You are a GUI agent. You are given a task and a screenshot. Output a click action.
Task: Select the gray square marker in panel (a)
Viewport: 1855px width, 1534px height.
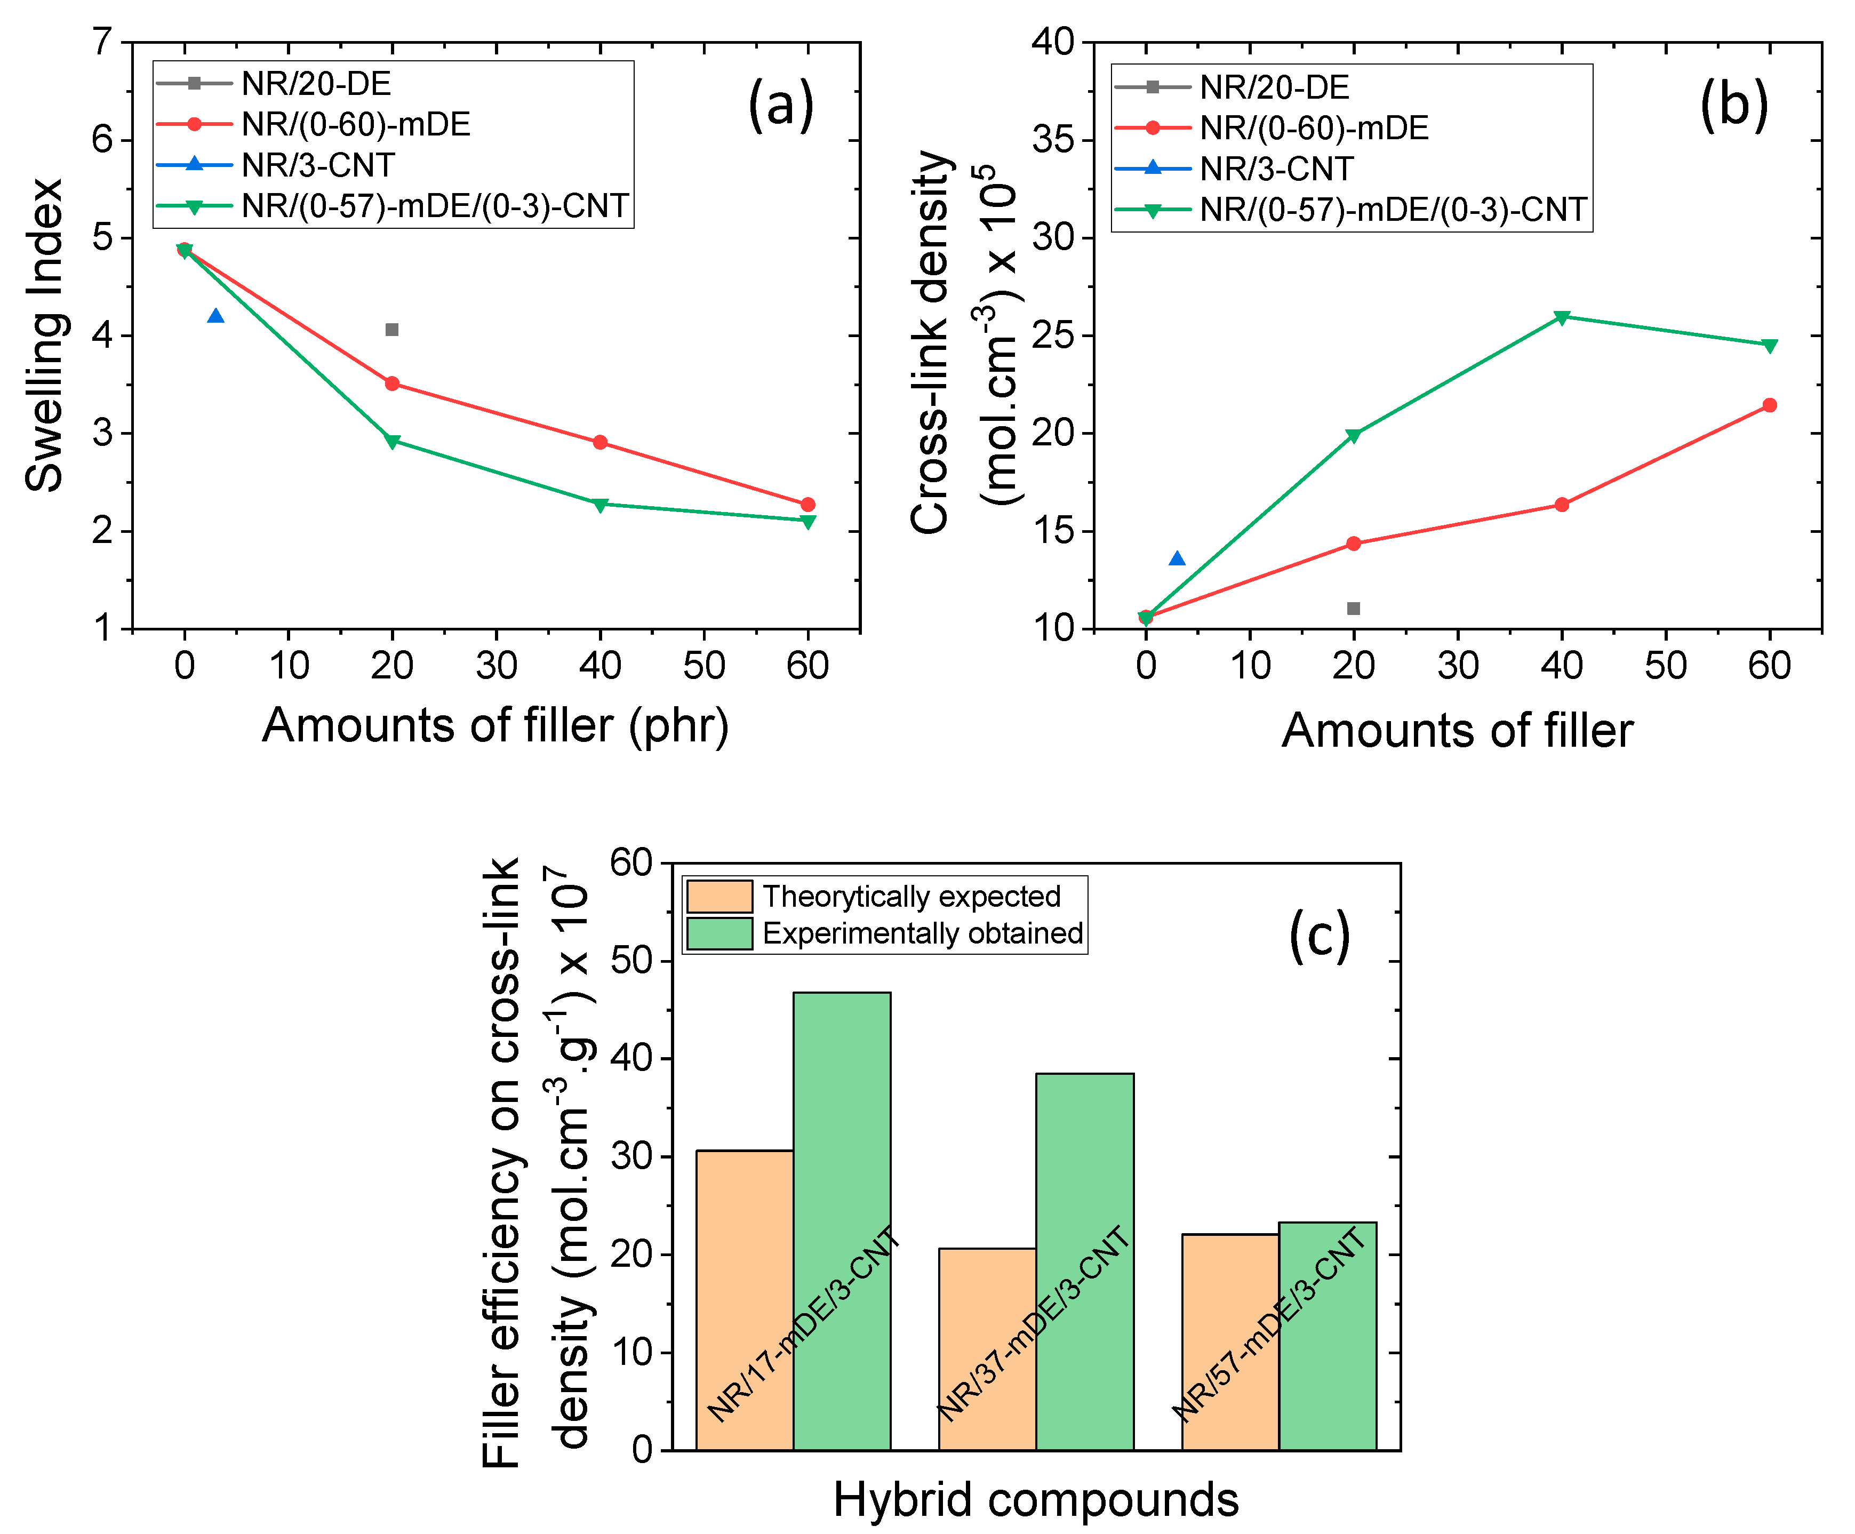point(392,330)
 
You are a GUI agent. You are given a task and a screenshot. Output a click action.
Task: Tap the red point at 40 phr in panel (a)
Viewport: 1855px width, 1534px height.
point(601,442)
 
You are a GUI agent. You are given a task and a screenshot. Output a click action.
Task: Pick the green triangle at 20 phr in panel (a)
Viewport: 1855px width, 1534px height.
point(392,441)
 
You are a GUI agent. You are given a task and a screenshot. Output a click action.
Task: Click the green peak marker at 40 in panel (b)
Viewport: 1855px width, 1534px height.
point(1562,317)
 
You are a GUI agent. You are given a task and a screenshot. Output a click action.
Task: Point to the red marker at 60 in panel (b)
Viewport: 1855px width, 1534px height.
point(1769,405)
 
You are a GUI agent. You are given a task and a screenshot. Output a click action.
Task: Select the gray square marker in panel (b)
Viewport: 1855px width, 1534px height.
point(1353,609)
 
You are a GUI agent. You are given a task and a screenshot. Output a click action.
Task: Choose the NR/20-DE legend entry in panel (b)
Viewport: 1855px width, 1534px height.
point(1274,87)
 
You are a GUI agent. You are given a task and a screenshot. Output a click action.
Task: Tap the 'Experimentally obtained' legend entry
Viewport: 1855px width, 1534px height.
point(922,933)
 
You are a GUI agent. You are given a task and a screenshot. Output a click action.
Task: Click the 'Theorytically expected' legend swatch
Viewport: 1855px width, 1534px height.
point(719,897)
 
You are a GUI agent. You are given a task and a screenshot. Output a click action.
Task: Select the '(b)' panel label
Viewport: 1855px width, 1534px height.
point(1734,106)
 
